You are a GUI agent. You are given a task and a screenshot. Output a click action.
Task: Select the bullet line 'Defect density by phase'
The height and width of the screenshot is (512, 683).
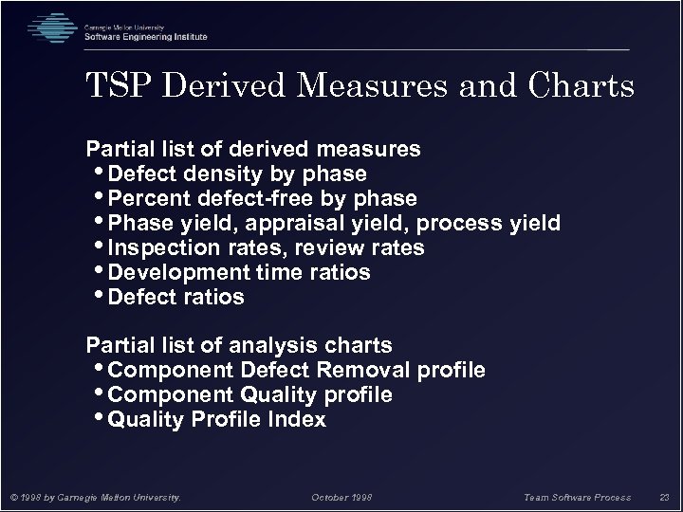click(x=237, y=174)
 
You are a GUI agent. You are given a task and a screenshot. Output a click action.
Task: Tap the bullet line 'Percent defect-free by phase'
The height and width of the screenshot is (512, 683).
click(x=263, y=199)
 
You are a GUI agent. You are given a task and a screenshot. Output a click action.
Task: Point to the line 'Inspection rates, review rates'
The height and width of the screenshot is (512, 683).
click(x=267, y=248)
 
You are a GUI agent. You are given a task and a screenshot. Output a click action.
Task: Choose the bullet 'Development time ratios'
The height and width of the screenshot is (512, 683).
click(x=239, y=273)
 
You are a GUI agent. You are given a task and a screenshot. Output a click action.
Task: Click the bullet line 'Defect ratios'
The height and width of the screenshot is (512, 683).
click(x=176, y=298)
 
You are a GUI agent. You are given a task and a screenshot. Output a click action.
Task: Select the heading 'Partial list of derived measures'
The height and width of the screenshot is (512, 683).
click(x=254, y=150)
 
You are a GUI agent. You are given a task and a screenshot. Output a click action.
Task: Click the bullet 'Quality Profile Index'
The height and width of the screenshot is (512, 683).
click(x=217, y=419)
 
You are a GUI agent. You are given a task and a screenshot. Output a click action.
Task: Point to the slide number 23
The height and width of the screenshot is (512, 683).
click(x=664, y=495)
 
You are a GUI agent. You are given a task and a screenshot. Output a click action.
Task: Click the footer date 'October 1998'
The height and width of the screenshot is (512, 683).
click(x=342, y=495)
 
